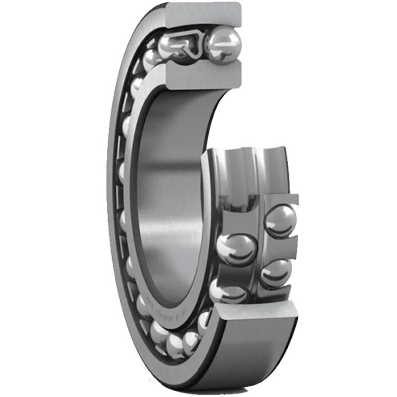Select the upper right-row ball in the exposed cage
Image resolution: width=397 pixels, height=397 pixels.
pyautogui.click(x=280, y=220)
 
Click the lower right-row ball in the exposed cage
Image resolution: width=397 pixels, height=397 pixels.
pyautogui.click(x=276, y=273)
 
